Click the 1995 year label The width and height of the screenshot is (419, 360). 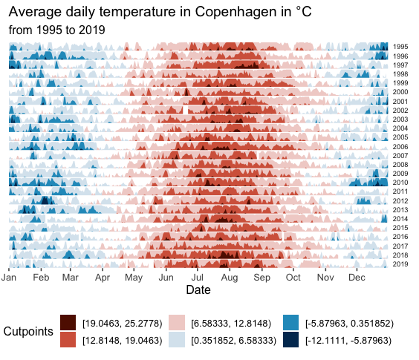click(400, 47)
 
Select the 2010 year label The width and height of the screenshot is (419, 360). click(400, 183)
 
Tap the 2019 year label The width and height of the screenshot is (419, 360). click(400, 264)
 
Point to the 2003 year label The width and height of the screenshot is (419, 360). click(400, 119)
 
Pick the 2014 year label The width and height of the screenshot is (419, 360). click(400, 219)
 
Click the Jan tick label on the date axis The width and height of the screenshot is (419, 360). click(9, 277)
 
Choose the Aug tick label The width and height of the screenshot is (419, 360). click(230, 278)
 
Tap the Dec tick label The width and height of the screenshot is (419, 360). click(357, 277)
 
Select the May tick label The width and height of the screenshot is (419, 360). click(134, 278)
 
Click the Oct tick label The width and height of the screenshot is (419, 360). click(293, 277)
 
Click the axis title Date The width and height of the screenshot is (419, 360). click(198, 289)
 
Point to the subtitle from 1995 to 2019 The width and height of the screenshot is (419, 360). click(56, 30)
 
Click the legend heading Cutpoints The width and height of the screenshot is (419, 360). click(28, 331)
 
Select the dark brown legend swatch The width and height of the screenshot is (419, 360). click(68, 323)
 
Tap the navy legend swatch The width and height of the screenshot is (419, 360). click(290, 339)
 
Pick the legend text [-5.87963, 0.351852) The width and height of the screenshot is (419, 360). click(349, 324)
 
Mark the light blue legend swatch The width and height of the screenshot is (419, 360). click(177, 339)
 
